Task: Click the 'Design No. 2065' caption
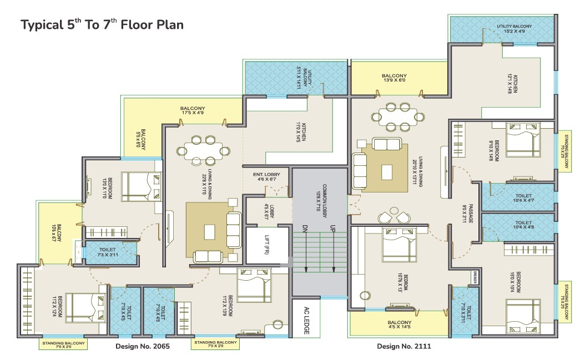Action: click(x=142, y=346)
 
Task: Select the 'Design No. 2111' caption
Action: click(x=404, y=346)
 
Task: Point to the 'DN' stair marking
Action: click(x=305, y=229)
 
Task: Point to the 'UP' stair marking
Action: click(x=333, y=229)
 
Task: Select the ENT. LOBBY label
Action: click(x=268, y=177)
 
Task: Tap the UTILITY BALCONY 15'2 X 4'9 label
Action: click(x=514, y=29)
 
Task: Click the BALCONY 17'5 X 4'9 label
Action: click(x=193, y=111)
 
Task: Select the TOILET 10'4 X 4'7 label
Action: click(x=523, y=199)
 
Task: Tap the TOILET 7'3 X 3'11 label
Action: click(x=109, y=252)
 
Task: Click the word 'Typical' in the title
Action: click(x=39, y=25)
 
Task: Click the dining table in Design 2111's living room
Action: click(x=395, y=115)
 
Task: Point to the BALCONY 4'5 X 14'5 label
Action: click(x=400, y=326)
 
